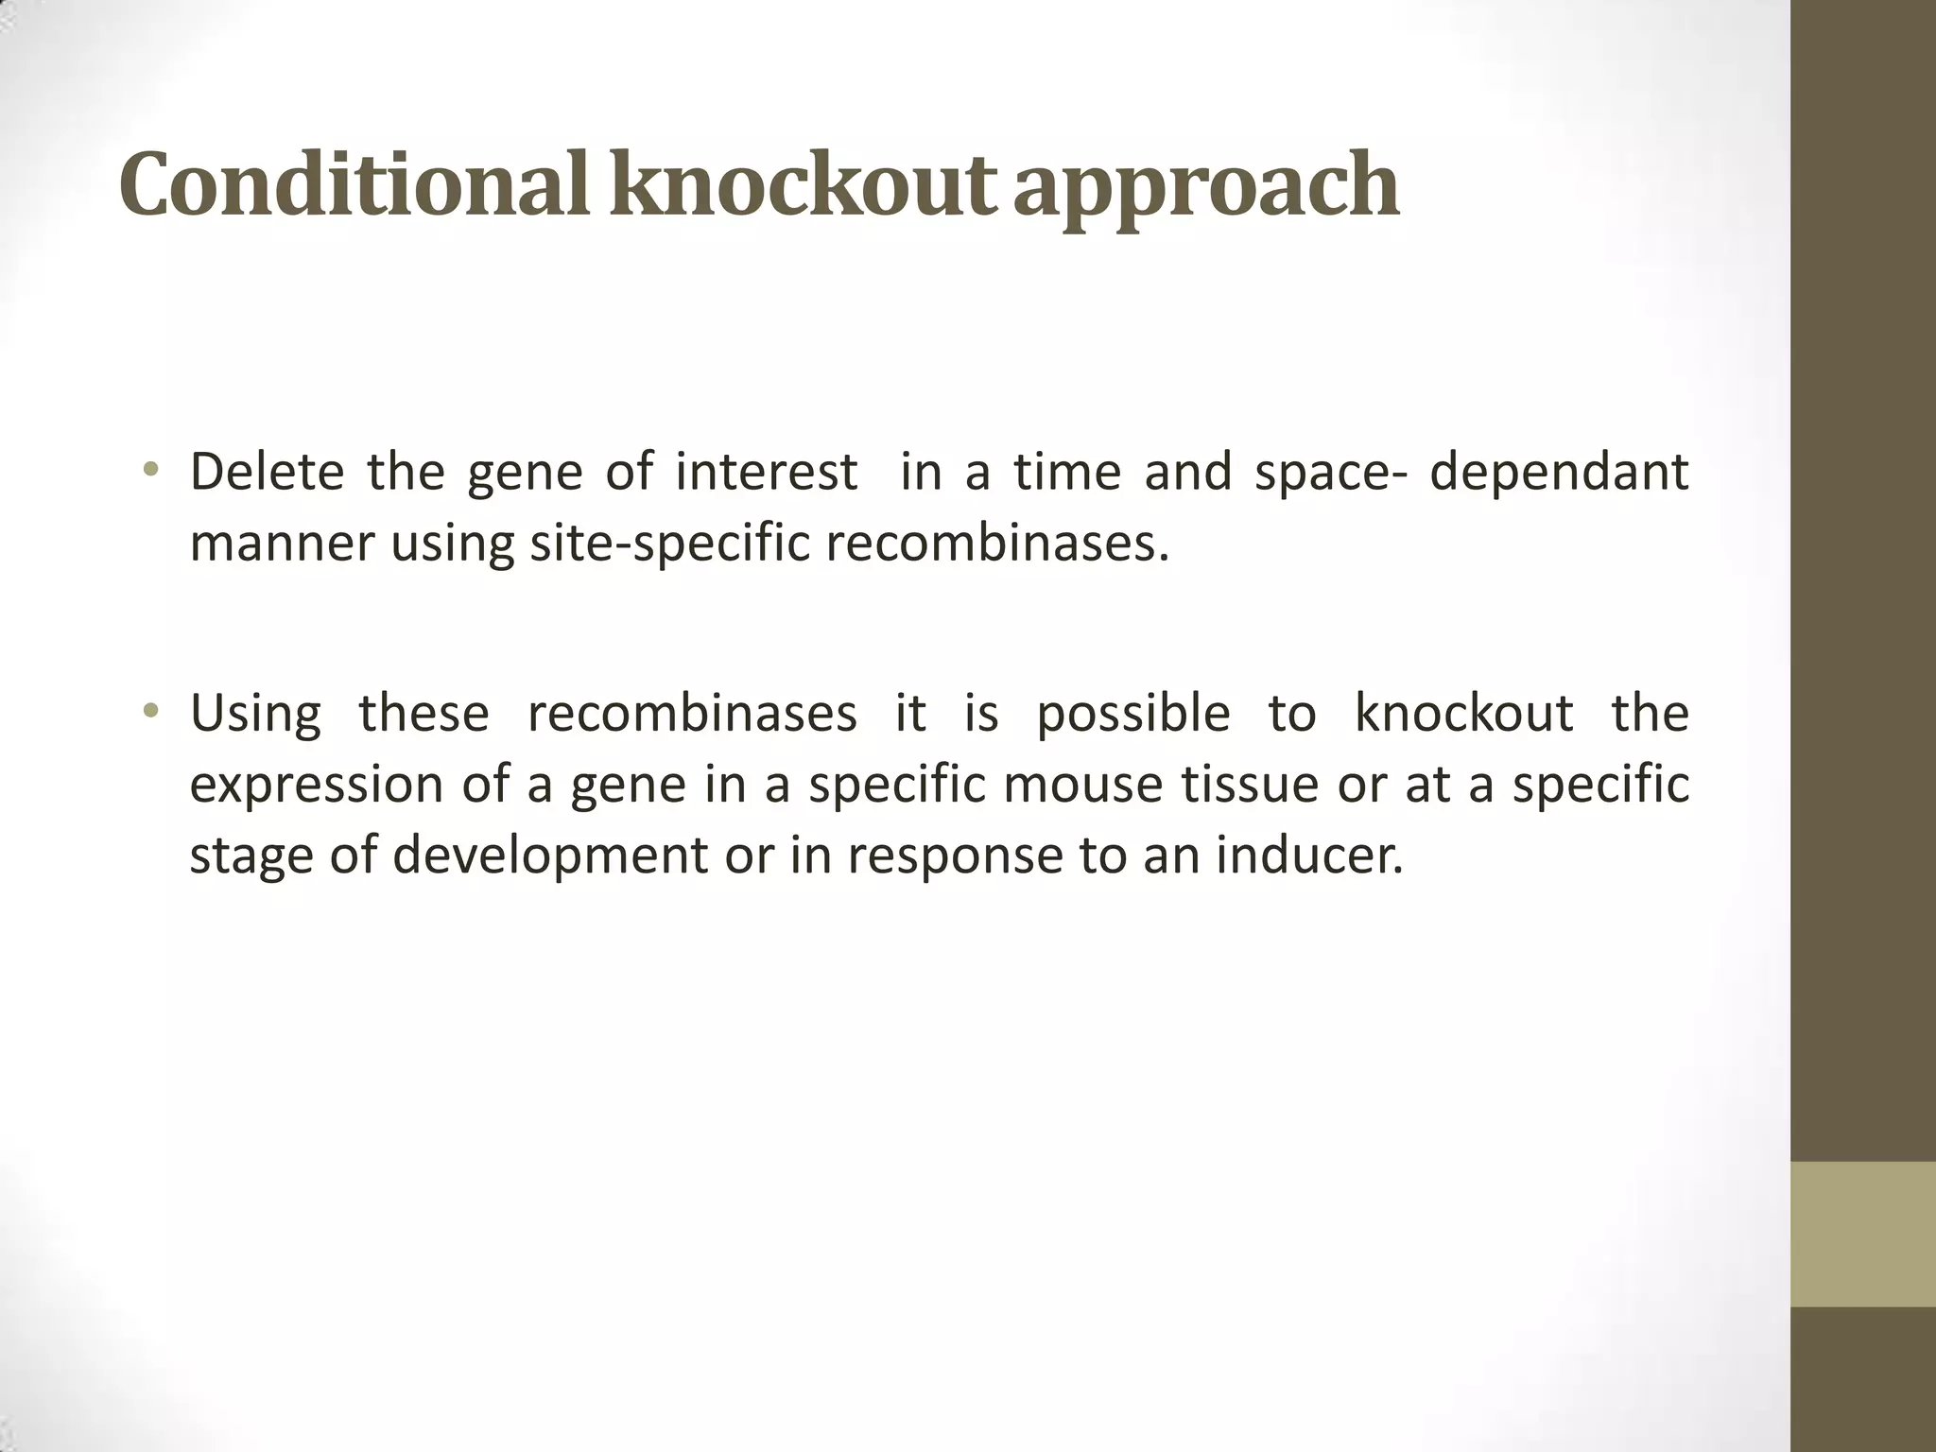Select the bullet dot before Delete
pyautogui.click(x=149, y=470)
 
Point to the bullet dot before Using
pyautogui.click(x=149, y=711)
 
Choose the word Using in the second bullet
pyautogui.click(x=255, y=714)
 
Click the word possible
pyautogui.click(x=1133, y=714)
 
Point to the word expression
pyautogui.click(x=316, y=786)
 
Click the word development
pyautogui.click(x=549, y=856)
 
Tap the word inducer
pyautogui.click(x=1309, y=856)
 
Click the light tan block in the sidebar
pyautogui.click(x=1863, y=1234)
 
